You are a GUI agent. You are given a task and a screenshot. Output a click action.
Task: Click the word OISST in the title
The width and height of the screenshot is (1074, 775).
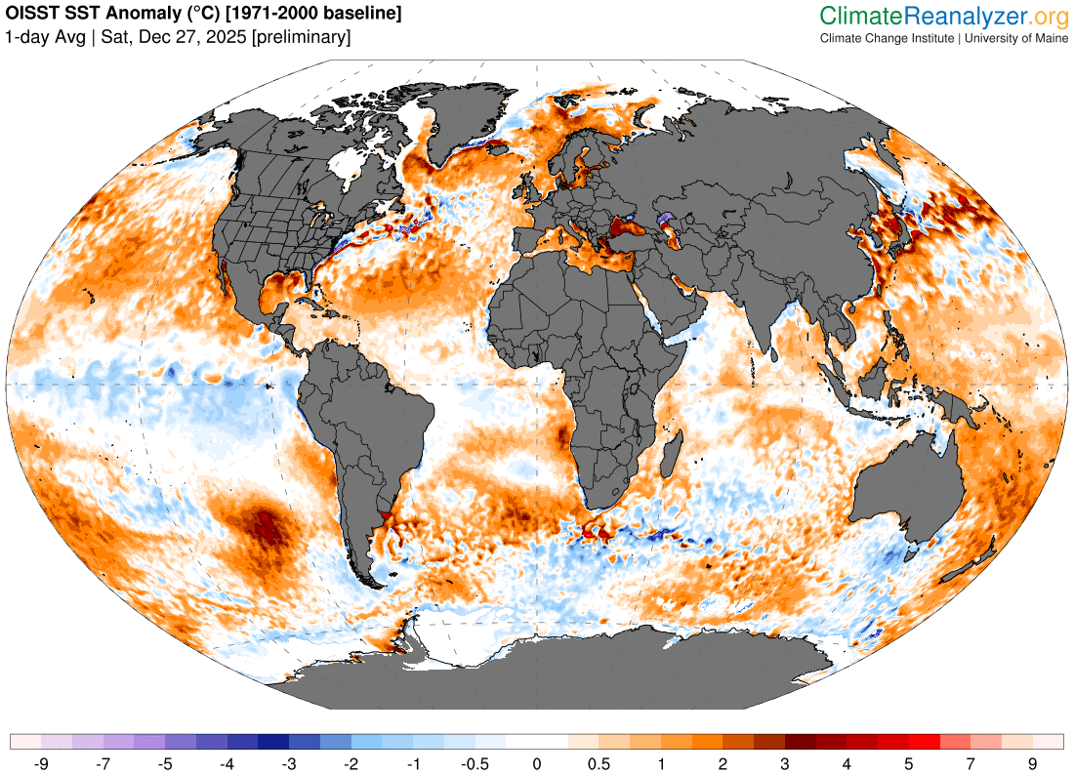[x=31, y=15]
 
